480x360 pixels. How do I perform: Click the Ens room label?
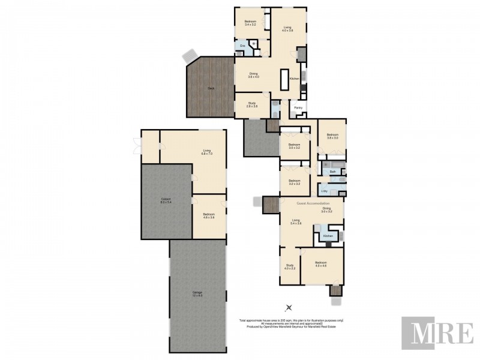[242, 46]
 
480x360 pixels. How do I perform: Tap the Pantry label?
[298, 108]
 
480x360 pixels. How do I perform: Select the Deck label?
[211, 88]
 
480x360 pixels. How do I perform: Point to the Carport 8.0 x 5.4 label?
[166, 201]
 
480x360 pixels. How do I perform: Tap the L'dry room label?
[324, 191]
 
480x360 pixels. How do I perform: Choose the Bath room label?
[333, 172]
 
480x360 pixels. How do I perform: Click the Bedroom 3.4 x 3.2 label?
[250, 23]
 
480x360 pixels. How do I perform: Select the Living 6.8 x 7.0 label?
[207, 152]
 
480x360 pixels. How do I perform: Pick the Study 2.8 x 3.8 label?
[253, 104]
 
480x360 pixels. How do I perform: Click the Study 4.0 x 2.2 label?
[289, 267]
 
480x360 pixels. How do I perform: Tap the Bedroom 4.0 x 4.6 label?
[322, 264]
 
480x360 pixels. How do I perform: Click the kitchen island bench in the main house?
[285, 79]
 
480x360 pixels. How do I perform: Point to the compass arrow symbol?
[289, 308]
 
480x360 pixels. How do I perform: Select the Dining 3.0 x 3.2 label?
[326, 210]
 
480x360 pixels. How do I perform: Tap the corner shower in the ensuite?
[254, 44]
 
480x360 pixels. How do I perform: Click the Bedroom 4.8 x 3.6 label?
[209, 216]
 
